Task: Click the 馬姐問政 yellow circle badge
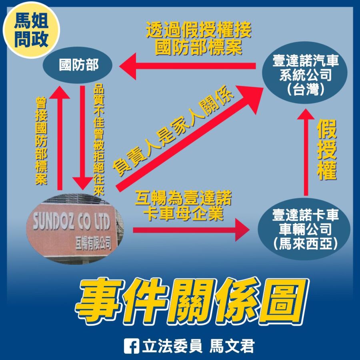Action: coord(31,30)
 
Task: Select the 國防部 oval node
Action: coord(78,65)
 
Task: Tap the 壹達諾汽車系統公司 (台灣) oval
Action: coord(305,72)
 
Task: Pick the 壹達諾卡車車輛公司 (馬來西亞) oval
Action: coord(304,229)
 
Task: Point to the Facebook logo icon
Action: coord(131,346)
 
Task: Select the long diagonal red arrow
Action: coord(190,138)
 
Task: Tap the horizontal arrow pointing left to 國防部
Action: coord(187,66)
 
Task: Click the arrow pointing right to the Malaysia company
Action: coord(191,230)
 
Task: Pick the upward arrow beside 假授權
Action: coord(306,152)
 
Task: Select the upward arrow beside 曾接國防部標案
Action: coord(60,138)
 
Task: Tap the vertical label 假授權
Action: coord(326,150)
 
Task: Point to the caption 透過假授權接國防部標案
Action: coord(198,38)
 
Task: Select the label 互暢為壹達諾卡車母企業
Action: coord(183,205)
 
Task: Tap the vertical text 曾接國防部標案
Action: coord(41,141)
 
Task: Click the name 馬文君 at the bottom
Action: coord(232,346)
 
